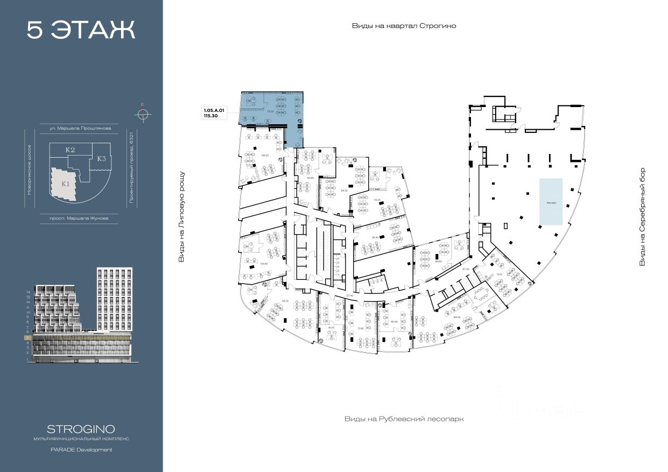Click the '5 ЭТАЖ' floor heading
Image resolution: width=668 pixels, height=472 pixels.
pyautogui.click(x=81, y=30)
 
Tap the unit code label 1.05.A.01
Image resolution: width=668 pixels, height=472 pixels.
pyautogui.click(x=214, y=110)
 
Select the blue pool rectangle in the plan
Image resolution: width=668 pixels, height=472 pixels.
pyautogui.click(x=551, y=202)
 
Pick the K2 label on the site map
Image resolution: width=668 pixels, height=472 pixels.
pyautogui.click(x=69, y=150)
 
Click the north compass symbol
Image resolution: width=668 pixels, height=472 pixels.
pyautogui.click(x=143, y=114)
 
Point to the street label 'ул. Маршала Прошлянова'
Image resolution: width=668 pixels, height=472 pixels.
pyautogui.click(x=80, y=129)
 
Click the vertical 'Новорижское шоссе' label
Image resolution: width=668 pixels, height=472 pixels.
pyautogui.click(x=30, y=169)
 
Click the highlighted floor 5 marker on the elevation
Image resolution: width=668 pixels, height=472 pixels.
pyautogui.click(x=27, y=337)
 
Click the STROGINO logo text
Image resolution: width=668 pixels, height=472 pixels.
pyautogui.click(x=81, y=429)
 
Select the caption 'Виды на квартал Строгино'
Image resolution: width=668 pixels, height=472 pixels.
pyautogui.click(x=404, y=26)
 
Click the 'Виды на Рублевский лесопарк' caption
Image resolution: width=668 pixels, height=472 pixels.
pyautogui.click(x=404, y=419)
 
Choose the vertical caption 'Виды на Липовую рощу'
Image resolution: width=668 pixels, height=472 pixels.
pyautogui.click(x=181, y=217)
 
